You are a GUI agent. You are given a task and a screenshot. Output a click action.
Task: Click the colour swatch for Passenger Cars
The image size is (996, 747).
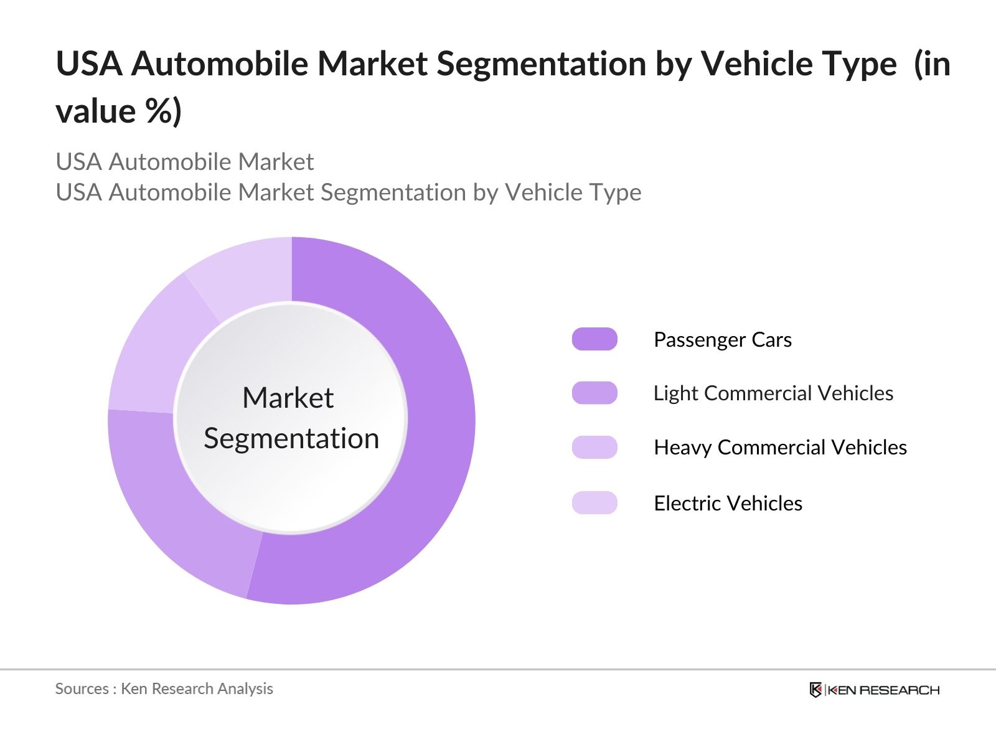click(x=594, y=339)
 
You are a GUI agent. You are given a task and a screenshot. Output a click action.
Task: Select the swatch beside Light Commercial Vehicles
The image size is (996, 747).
click(x=594, y=393)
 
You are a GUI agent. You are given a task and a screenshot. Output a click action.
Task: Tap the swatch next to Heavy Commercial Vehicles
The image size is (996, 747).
click(x=594, y=447)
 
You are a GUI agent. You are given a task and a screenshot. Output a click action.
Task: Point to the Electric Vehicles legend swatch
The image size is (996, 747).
click(x=594, y=502)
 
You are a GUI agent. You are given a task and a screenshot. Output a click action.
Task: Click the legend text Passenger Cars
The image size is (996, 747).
click(x=722, y=340)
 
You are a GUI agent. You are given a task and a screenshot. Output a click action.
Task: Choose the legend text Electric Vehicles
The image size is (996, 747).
click(x=728, y=503)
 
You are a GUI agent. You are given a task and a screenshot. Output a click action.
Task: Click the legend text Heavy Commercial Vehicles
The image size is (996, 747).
click(x=780, y=448)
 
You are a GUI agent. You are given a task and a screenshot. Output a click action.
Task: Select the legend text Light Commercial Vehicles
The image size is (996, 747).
click(x=773, y=393)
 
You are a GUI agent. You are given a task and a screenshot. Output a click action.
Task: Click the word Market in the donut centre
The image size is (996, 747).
click(x=288, y=398)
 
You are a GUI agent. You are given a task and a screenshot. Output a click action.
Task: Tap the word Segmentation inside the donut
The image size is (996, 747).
click(x=291, y=439)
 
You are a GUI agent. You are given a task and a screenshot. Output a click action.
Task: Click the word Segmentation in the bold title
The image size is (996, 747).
click(x=541, y=64)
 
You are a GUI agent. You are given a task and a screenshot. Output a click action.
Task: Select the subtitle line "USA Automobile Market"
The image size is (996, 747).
click(x=184, y=162)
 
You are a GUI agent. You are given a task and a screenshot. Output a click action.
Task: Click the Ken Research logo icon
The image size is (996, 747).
click(x=815, y=690)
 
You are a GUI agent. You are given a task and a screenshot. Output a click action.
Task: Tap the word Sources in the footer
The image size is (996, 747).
click(x=82, y=688)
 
